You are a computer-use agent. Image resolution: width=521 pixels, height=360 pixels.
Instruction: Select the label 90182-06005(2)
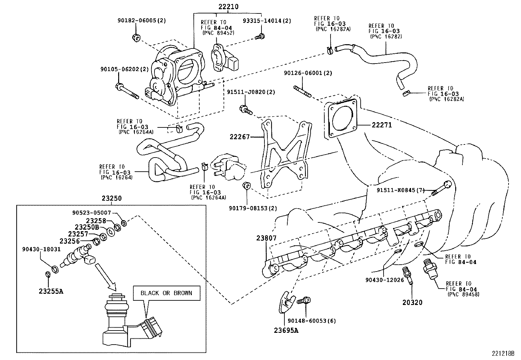click(x=142, y=20)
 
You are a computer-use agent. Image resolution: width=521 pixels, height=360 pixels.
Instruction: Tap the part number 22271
click(x=381, y=125)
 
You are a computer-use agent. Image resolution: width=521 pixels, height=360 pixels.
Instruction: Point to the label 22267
click(x=240, y=137)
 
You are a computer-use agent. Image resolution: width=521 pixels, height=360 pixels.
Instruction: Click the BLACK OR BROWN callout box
click(x=166, y=293)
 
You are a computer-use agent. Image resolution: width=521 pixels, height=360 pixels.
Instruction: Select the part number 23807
click(x=267, y=238)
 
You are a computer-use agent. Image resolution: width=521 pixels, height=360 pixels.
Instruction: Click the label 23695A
click(x=286, y=331)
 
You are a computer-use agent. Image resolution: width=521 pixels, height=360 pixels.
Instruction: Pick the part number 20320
click(x=412, y=303)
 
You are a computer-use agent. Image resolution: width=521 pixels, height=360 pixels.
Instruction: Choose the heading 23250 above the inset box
click(x=111, y=198)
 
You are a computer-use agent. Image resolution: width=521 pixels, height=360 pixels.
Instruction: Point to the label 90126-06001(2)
click(x=308, y=73)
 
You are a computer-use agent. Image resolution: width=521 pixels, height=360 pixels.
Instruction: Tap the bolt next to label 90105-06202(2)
click(x=127, y=91)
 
